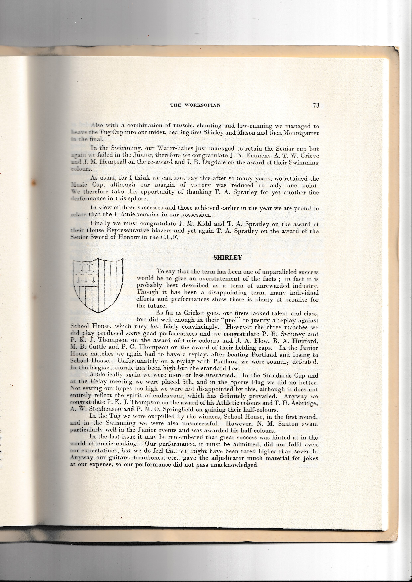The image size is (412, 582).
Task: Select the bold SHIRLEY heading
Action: click(228, 258)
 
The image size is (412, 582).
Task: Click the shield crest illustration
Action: click(98, 285)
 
